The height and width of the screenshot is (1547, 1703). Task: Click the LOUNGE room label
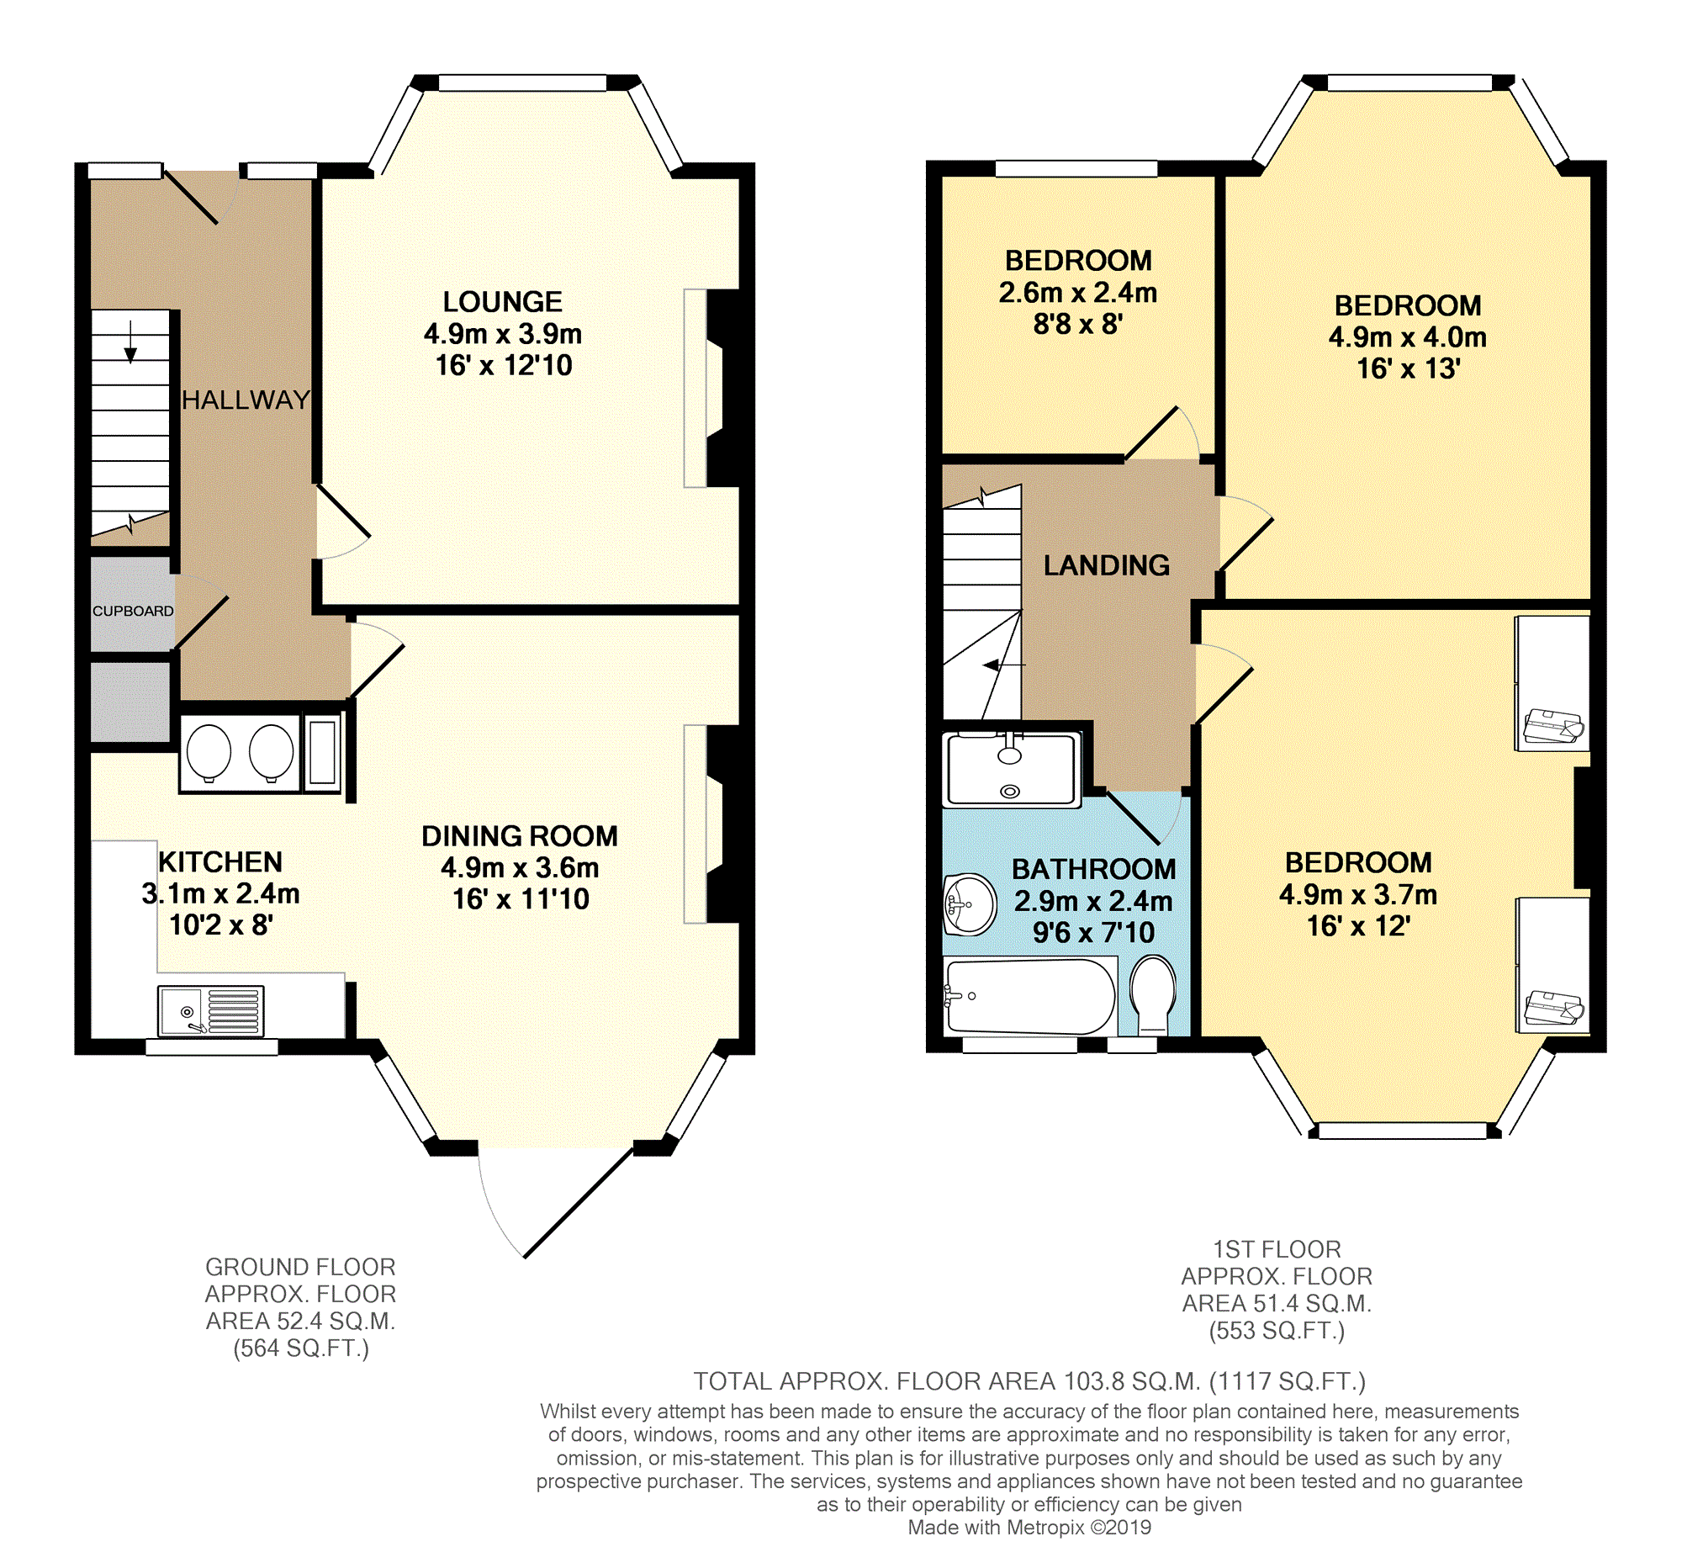point(503,302)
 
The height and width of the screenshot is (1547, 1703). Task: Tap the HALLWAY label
point(246,400)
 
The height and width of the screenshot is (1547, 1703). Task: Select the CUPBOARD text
point(133,611)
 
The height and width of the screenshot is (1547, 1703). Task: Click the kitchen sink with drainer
point(211,1011)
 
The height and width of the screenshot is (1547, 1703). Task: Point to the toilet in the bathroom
point(1153,993)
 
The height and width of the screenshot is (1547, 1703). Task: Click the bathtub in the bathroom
point(1029,997)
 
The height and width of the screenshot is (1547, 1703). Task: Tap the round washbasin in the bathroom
point(970,904)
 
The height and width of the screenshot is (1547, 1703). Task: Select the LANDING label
point(1107,565)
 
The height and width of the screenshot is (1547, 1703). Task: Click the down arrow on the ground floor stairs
point(131,342)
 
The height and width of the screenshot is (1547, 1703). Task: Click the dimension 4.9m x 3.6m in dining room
point(520,867)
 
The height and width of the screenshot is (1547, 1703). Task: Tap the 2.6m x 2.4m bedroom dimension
point(1078,293)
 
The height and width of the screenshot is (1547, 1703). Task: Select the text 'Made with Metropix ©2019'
point(1029,1527)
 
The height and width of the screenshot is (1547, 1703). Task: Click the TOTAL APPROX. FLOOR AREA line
point(1029,1381)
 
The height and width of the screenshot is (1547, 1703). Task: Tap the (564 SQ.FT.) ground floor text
point(302,1348)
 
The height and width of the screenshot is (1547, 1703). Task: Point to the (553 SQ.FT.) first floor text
point(1277,1331)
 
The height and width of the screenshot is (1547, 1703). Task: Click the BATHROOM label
point(1094,868)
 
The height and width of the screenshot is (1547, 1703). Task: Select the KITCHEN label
point(220,861)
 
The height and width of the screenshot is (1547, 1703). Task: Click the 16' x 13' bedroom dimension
point(1408,368)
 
